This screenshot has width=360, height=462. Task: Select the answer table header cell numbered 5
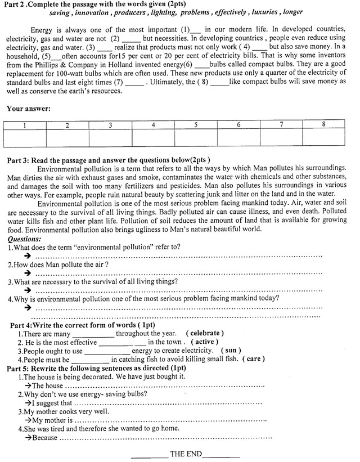pos(196,125)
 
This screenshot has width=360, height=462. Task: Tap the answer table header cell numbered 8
pos(323,124)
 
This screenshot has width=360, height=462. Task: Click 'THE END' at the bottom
pos(186,454)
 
